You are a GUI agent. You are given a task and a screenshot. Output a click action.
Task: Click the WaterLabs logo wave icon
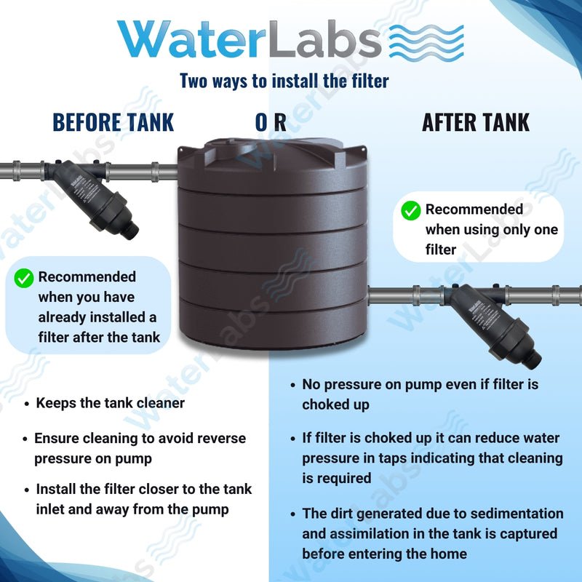click(x=426, y=41)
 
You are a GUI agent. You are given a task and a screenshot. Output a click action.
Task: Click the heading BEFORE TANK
click(x=113, y=122)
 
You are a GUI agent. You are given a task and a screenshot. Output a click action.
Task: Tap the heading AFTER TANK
click(x=476, y=122)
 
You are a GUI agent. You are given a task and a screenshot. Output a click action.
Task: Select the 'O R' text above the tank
click(x=270, y=122)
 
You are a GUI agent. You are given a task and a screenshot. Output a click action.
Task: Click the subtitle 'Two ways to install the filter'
click(x=284, y=81)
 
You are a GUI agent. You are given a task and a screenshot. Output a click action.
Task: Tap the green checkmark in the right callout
click(x=411, y=210)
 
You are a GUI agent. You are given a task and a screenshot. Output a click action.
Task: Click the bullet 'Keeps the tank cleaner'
click(x=110, y=403)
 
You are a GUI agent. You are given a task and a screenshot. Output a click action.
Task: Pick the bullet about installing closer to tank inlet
click(x=143, y=499)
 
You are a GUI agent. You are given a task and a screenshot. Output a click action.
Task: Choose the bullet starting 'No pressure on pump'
click(x=420, y=394)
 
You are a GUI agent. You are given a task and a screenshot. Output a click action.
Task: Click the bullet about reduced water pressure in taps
click(x=431, y=458)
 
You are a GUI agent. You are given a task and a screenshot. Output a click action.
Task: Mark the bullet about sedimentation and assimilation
click(x=431, y=534)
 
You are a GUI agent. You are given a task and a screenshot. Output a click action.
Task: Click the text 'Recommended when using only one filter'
click(x=491, y=229)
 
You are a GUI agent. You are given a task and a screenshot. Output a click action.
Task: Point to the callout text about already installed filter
click(x=96, y=307)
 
